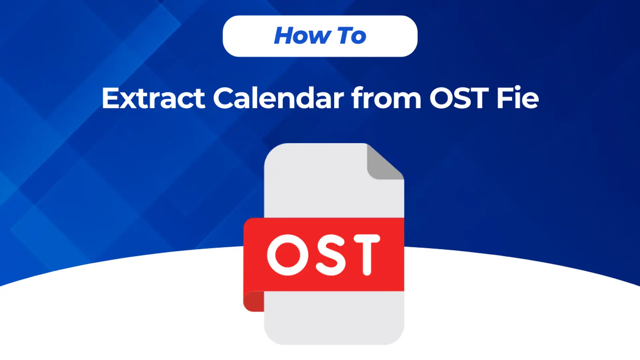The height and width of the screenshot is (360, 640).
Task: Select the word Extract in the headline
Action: (x=153, y=98)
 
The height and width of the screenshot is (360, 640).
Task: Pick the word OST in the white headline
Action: (x=459, y=98)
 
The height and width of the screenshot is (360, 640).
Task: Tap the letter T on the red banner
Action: (x=366, y=255)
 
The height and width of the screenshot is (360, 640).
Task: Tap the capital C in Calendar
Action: (x=224, y=98)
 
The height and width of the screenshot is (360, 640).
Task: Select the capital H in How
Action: (x=285, y=36)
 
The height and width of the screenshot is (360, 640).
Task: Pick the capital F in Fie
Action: (x=504, y=98)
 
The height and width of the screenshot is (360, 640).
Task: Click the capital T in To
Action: (x=346, y=36)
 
